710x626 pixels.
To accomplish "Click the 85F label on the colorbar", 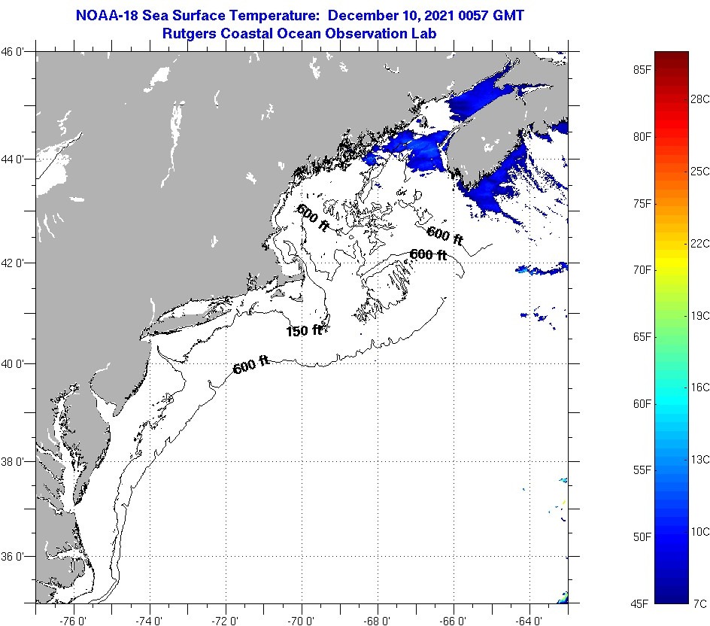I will pos(642,70).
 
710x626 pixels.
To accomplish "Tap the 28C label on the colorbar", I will pos(701,99).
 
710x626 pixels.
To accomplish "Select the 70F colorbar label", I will pos(642,269).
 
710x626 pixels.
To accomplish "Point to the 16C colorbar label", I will pos(701,387).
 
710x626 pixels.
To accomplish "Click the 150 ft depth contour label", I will pos(304,330).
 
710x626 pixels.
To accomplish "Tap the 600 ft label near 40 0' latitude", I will pos(251,366).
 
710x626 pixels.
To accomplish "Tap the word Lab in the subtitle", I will pos(424,33).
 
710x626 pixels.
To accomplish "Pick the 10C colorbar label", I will pos(701,531).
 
